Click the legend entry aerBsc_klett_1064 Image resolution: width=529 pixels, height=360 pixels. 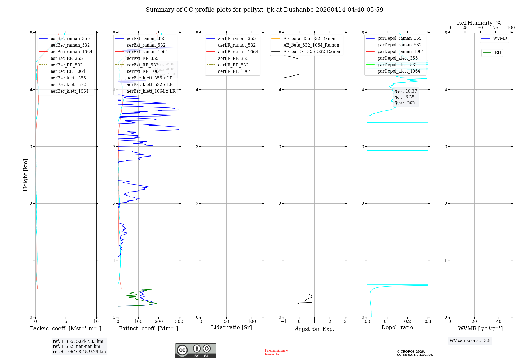coord(69,91)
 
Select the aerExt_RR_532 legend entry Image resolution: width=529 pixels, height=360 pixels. coord(142,65)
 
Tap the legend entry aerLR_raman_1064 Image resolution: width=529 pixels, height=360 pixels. coord(238,52)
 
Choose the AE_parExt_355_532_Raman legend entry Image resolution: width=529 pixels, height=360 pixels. coord(312,52)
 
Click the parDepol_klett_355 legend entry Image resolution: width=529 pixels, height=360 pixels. coord(398,58)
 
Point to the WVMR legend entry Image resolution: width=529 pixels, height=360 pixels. coord(500,38)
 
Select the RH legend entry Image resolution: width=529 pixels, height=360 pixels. coord(498,53)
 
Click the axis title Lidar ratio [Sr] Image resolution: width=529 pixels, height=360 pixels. coord(231,328)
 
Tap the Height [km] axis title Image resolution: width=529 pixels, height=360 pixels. coord(25,175)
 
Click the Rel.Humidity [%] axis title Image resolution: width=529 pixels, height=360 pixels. coord(480,23)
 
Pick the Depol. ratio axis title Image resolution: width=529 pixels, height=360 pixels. coord(397,328)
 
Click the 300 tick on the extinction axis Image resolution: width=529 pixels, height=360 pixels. coord(179,322)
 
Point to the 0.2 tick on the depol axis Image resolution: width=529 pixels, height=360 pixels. coord(408,322)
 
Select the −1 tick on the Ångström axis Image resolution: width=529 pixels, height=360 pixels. coord(284,322)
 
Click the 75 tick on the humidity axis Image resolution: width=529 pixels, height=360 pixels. coord(495,28)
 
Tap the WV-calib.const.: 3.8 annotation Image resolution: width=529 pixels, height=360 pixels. coord(470,341)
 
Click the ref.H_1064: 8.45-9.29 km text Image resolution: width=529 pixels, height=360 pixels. coord(79,352)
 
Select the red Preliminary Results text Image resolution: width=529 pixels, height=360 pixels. coord(276,352)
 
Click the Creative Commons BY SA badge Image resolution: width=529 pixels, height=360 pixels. coord(195,351)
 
